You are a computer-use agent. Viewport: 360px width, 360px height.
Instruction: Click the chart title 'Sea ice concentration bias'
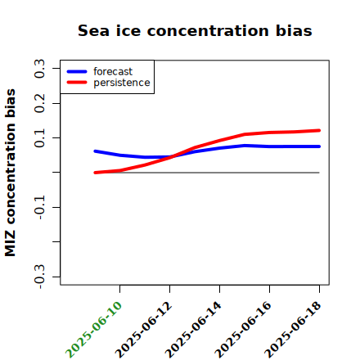click(x=195, y=30)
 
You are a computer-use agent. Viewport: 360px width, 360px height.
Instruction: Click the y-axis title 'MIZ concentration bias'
click(x=11, y=173)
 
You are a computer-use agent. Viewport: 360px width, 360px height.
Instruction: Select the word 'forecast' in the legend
click(x=113, y=71)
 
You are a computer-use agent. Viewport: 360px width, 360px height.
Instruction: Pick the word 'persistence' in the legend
click(x=122, y=83)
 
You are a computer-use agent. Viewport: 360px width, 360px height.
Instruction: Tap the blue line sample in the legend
click(x=77, y=71)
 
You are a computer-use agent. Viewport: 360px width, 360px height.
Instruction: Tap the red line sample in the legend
click(x=77, y=83)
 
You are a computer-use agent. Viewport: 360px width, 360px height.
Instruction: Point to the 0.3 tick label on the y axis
click(x=39, y=69)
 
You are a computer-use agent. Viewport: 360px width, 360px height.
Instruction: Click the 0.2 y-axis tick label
click(x=39, y=103)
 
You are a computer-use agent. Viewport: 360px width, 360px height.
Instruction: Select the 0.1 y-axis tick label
click(x=39, y=138)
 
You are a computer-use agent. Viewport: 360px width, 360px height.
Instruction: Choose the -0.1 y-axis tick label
click(x=39, y=207)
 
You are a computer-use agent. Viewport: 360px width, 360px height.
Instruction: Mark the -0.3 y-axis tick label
click(x=39, y=277)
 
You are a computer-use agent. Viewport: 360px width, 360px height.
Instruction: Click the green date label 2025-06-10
click(x=93, y=330)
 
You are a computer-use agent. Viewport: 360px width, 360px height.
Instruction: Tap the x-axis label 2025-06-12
click(x=143, y=330)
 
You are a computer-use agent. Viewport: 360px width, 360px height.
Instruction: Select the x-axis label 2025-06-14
click(x=193, y=330)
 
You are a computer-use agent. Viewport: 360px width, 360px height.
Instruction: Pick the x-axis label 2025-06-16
click(x=243, y=330)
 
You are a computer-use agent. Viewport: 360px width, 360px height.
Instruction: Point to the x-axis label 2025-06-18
click(x=293, y=330)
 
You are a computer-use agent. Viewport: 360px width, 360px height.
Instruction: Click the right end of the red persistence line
click(x=319, y=130)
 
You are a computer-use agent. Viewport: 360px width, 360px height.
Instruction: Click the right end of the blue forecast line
click(x=319, y=146)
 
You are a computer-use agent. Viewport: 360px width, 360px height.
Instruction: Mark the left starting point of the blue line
click(x=95, y=151)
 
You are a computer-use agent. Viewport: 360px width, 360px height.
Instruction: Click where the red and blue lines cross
click(x=172, y=156)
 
